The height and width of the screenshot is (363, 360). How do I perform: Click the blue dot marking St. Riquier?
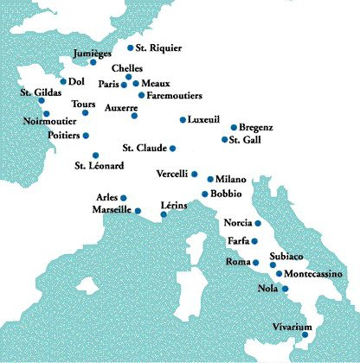coord(131,48)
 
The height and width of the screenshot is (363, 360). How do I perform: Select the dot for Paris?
coord(124,85)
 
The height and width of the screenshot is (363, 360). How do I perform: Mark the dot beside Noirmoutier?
coord(46,113)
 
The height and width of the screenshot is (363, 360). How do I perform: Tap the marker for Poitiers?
coord(86,136)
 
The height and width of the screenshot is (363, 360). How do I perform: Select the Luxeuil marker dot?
coord(182,120)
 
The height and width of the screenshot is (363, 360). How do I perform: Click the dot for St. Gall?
coord(224,139)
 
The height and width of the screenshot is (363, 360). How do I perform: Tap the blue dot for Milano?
coord(209,179)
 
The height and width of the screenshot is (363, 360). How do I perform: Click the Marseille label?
coord(111,209)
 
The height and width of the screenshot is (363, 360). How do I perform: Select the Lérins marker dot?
coord(163,214)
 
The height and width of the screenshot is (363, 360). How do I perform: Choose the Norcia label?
coord(237,223)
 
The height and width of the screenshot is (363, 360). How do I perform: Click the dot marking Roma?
coord(255,262)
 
